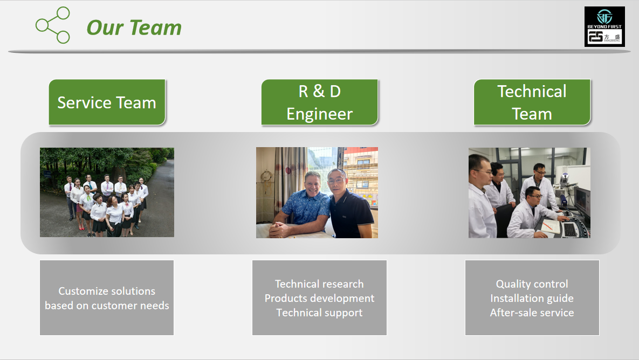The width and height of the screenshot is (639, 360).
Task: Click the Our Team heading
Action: [134, 27]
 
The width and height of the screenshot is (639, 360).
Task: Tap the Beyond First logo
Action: [604, 26]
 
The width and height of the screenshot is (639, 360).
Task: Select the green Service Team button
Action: [107, 102]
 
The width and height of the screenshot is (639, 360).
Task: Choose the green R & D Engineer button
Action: [319, 102]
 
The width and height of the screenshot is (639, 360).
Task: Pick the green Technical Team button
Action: [532, 102]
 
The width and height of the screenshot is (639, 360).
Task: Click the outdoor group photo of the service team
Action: [107, 192]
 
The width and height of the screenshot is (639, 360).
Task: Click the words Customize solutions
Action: [107, 291]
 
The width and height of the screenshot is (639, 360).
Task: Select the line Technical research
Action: [319, 284]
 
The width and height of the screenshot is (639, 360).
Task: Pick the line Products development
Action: [319, 298]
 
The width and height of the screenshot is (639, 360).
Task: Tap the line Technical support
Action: [319, 313]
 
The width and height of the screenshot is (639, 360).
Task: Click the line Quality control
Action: [532, 284]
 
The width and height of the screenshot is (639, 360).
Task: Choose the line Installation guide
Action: [532, 299]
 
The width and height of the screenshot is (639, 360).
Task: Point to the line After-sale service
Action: [532, 313]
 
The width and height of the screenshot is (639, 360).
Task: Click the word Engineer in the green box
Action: [319, 114]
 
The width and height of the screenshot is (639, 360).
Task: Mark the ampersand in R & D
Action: [319, 91]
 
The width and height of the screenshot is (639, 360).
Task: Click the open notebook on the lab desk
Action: [551, 226]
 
